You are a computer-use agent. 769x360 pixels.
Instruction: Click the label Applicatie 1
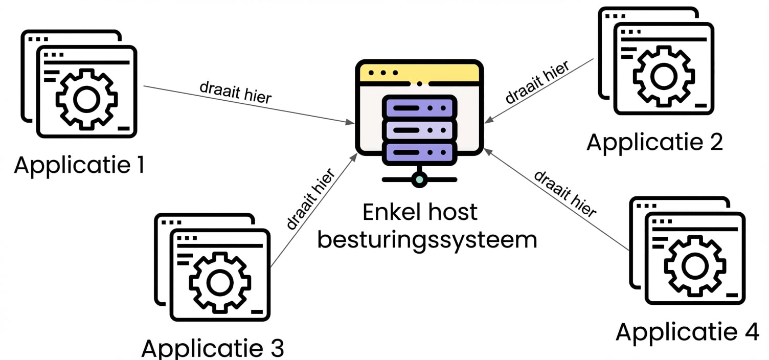(x=79, y=165)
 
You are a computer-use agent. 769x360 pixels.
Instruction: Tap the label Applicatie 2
(x=654, y=142)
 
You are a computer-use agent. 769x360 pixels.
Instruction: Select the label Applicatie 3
(x=212, y=348)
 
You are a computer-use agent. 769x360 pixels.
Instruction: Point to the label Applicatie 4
(x=687, y=332)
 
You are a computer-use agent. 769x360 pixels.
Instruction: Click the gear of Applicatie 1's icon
(x=86, y=99)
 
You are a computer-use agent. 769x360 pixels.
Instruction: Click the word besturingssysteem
(x=427, y=239)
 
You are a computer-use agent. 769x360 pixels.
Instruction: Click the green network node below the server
(x=419, y=179)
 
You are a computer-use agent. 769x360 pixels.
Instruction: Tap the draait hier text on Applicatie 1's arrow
(x=235, y=92)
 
